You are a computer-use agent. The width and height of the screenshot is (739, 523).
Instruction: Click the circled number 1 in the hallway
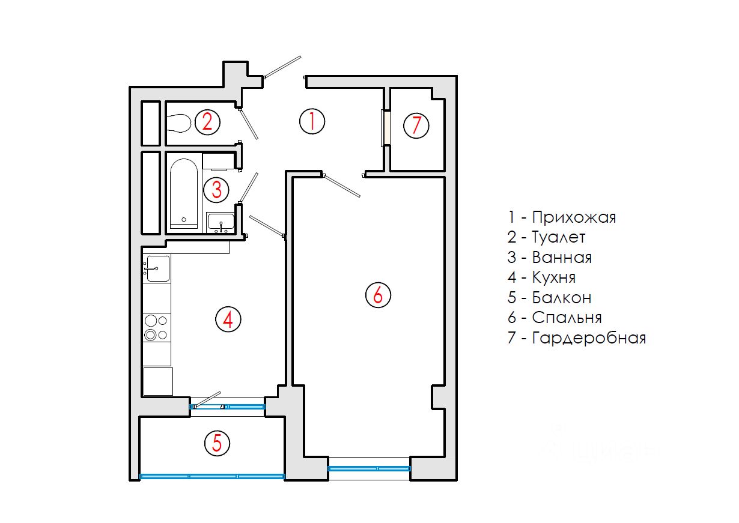pos(312,121)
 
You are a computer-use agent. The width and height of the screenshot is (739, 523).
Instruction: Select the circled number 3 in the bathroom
pos(216,190)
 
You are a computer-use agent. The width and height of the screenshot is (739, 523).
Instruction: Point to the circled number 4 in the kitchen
pos(228,319)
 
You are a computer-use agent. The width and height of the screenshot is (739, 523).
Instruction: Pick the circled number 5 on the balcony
pos(217,444)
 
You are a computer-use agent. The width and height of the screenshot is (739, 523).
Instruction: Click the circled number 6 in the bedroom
pos(378,295)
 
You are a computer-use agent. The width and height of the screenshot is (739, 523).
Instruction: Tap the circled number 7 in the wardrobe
pos(416,126)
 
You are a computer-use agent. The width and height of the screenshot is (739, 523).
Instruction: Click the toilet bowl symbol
pos(178,124)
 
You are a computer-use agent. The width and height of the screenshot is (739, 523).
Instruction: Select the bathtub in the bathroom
pos(184,193)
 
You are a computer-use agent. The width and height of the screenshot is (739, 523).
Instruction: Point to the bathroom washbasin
pos(220,222)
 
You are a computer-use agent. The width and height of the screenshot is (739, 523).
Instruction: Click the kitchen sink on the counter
pos(157,268)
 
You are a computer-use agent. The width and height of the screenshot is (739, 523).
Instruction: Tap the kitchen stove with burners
pos(157,327)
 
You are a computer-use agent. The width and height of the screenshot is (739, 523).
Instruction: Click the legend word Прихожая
pos(574,217)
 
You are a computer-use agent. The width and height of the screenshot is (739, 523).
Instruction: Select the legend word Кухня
pos(553,277)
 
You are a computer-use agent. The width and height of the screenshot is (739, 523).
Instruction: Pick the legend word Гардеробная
pos(589,338)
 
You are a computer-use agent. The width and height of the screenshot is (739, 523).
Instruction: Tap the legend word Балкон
pos(562,297)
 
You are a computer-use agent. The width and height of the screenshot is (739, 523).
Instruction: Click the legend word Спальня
pos(567,318)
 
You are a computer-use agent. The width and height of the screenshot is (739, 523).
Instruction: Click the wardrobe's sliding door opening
pos(385,128)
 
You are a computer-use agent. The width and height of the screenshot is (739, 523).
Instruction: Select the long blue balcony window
pos(212,476)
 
